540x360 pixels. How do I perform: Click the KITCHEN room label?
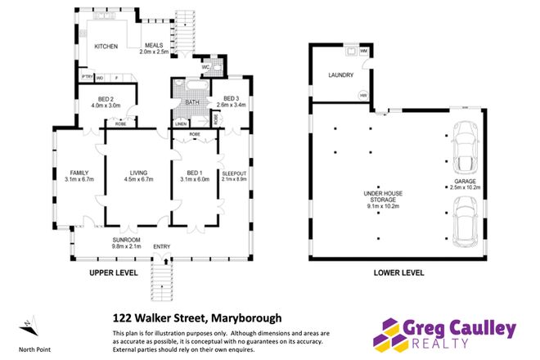(107, 46)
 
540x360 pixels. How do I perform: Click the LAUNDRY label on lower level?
(340, 74)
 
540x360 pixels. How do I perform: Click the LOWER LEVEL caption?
(398, 272)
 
